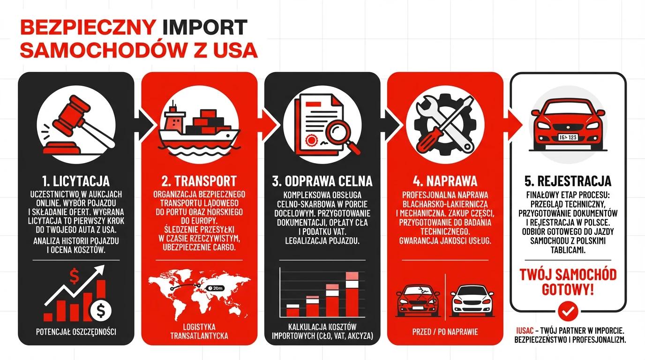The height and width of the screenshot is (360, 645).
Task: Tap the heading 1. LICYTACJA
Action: pos(75,181)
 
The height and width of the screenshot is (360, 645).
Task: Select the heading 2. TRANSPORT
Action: pos(199,181)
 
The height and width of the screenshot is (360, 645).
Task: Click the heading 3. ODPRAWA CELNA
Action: pos(322,181)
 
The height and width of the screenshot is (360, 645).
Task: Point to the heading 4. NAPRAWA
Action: pos(445,181)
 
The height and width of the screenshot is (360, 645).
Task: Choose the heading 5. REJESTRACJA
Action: pos(568,181)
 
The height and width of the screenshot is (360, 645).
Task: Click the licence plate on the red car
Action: pos(568,137)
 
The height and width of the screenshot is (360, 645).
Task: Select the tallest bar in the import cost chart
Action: pos(352,294)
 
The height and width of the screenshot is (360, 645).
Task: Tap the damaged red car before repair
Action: pos(417,300)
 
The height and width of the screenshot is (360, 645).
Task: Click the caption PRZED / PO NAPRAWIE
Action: pos(445,332)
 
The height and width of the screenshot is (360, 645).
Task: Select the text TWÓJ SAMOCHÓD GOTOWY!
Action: pos(568,282)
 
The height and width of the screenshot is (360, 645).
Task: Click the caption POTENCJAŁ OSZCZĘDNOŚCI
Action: pos(75,332)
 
